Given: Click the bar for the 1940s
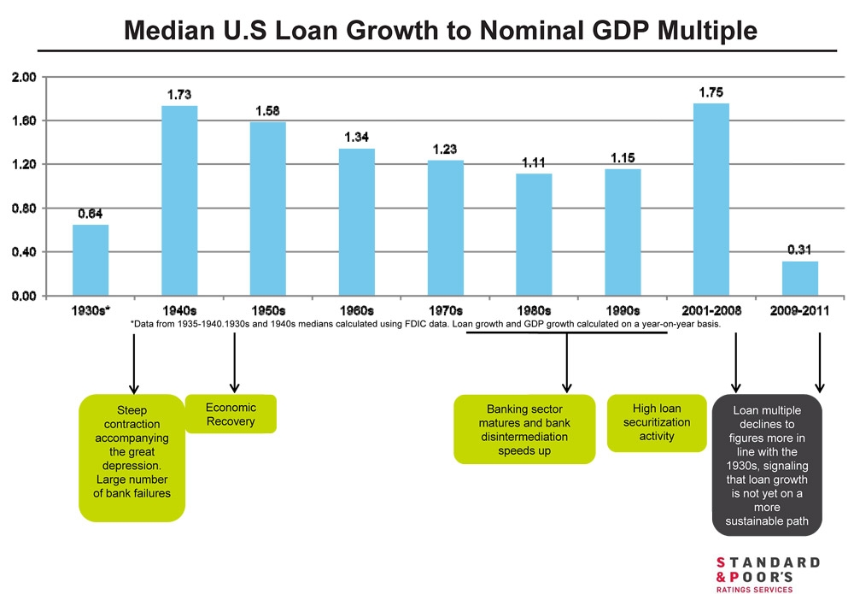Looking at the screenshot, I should pyautogui.click(x=179, y=201).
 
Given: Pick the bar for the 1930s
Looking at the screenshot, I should pyautogui.click(x=91, y=260).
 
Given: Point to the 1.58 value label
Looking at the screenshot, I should pyautogui.click(x=268, y=111).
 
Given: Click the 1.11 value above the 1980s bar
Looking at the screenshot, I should pyautogui.click(x=534, y=162).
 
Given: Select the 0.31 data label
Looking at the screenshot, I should pyautogui.click(x=800, y=250).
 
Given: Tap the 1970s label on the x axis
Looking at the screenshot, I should pyautogui.click(x=445, y=310).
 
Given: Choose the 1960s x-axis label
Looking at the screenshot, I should pyautogui.click(x=356, y=310).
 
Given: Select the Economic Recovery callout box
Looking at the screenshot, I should pyautogui.click(x=231, y=415).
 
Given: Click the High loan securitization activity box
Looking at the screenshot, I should pyautogui.click(x=656, y=423).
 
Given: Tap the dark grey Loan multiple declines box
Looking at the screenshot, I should pyautogui.click(x=767, y=466).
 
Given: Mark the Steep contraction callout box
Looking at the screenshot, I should pyautogui.click(x=132, y=457).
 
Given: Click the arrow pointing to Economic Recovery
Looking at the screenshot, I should pyautogui.click(x=234, y=363).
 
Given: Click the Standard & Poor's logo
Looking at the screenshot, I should pyautogui.click(x=767, y=573).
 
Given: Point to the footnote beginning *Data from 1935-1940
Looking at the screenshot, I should pyautogui.click(x=425, y=325).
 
